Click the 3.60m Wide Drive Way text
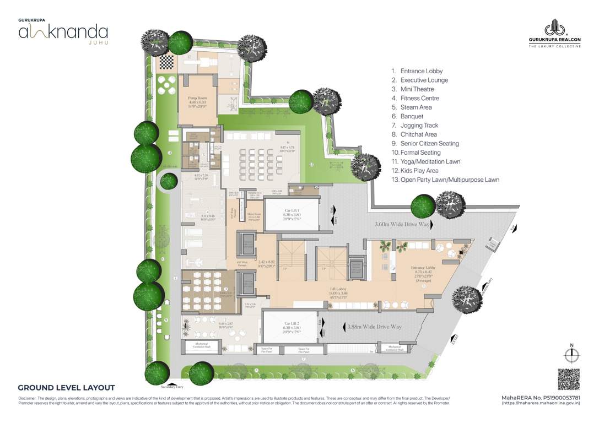pyautogui.click(x=403, y=225)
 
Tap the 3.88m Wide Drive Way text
pyautogui.click(x=374, y=327)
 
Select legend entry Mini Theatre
pyautogui.click(x=417, y=89)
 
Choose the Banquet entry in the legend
pyautogui.click(x=412, y=116)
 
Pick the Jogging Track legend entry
pyautogui.click(x=419, y=126)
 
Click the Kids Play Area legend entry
pyautogui.click(x=420, y=171)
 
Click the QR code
pyautogui.click(x=569, y=379)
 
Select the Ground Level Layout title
pyautogui.click(x=66, y=388)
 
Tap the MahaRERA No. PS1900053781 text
pyautogui.click(x=540, y=397)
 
